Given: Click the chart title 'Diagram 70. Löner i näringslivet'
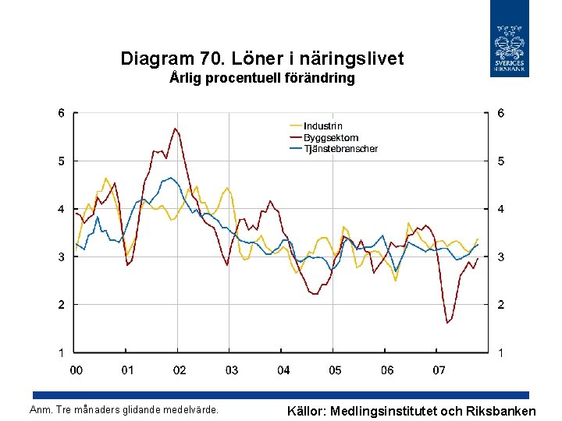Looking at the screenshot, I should (262, 58).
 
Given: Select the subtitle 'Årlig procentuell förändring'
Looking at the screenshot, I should (262, 78).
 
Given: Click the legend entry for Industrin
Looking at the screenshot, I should (322, 126).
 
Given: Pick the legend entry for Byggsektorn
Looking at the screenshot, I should (330, 138).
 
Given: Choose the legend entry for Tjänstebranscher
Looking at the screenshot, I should (340, 149).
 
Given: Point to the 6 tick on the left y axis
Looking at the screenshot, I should (61, 113).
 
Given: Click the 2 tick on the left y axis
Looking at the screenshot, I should (61, 305).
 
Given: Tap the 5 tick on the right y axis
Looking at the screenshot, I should (500, 161).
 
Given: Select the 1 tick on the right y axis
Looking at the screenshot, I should (500, 353).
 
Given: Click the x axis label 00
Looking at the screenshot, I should (76, 370).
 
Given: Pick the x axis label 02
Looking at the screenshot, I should (180, 370).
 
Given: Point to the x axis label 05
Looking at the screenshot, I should (335, 370).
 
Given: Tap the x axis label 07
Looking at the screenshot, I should (439, 370).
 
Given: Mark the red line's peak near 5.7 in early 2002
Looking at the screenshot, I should (176, 129).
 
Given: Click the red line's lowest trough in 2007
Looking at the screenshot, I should (447, 322).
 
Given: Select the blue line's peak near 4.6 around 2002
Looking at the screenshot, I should (171, 178).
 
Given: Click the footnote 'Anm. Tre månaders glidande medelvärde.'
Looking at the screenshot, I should (123, 410).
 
